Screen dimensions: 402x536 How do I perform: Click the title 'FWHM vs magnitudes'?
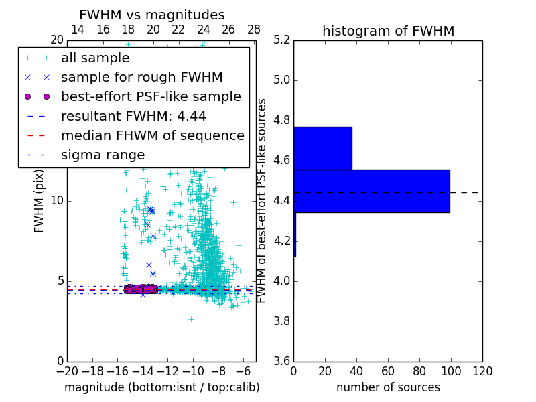pos(152,15)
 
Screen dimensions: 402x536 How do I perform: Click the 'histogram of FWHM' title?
pos(388,31)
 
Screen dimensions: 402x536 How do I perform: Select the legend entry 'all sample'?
pos(95,58)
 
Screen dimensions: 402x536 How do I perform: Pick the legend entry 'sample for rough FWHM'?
pos(141,78)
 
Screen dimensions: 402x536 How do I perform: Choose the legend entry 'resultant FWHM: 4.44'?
pos(133,117)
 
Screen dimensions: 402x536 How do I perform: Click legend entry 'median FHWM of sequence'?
pos(152,136)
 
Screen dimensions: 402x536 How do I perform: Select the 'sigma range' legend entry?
pos(103,155)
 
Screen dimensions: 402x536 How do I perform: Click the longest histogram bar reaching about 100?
pos(372,191)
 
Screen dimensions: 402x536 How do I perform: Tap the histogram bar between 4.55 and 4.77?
pos(323,148)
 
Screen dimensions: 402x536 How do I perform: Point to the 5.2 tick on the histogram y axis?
pos(281,40)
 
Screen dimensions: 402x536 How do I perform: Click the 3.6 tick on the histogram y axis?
pos(281,361)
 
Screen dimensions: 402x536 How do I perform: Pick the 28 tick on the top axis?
pos(254,30)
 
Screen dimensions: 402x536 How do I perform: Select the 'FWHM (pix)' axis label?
pos(40,201)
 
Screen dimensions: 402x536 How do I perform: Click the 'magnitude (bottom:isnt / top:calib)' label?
pos(161,387)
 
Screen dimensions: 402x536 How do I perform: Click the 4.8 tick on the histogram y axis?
pos(281,121)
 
